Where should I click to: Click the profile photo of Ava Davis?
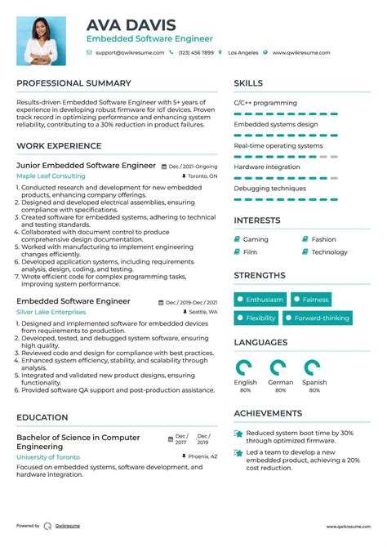(42, 40)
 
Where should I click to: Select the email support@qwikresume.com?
(130, 52)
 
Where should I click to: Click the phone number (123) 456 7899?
(195, 52)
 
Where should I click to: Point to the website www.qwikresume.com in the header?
(301, 52)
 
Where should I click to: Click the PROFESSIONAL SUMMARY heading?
(73, 83)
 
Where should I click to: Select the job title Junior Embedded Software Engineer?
(86, 165)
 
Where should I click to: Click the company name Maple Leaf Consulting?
(51, 176)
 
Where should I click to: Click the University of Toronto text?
(48, 457)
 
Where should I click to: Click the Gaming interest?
(256, 239)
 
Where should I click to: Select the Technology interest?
(329, 252)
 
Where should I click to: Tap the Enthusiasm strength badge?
(260, 300)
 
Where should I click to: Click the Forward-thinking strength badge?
(321, 318)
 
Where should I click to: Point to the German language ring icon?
(279, 367)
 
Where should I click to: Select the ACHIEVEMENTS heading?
(268, 414)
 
